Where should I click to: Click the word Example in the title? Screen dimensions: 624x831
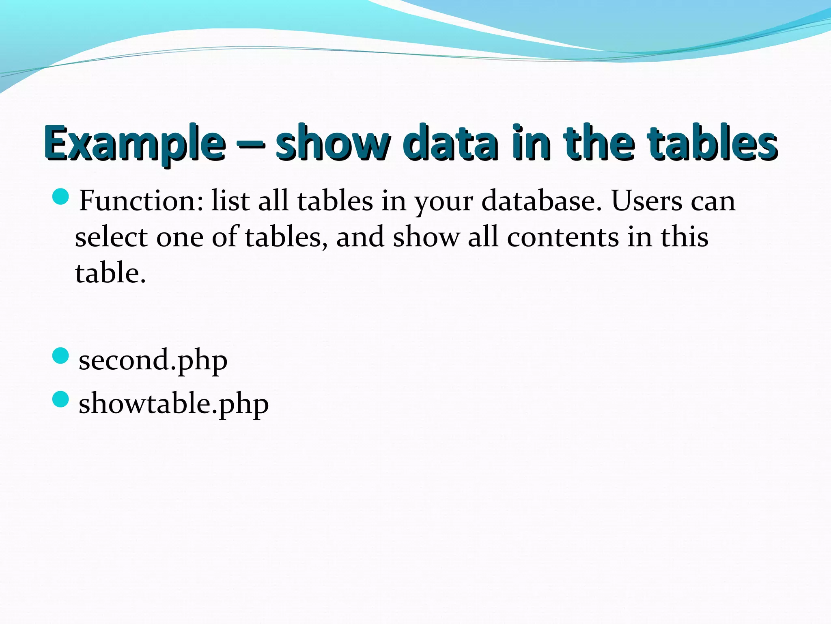[x=135, y=143]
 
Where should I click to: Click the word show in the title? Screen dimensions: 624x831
[x=333, y=143]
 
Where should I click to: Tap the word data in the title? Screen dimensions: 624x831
[x=452, y=143]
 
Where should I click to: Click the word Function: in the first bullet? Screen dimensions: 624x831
[x=141, y=201]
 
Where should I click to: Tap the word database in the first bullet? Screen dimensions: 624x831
[x=542, y=201]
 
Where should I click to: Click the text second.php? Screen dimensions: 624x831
[x=153, y=360]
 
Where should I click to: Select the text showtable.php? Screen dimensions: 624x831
[x=174, y=404]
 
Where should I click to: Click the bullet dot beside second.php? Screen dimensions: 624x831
[x=61, y=356]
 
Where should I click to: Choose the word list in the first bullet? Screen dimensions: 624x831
[x=230, y=201]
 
